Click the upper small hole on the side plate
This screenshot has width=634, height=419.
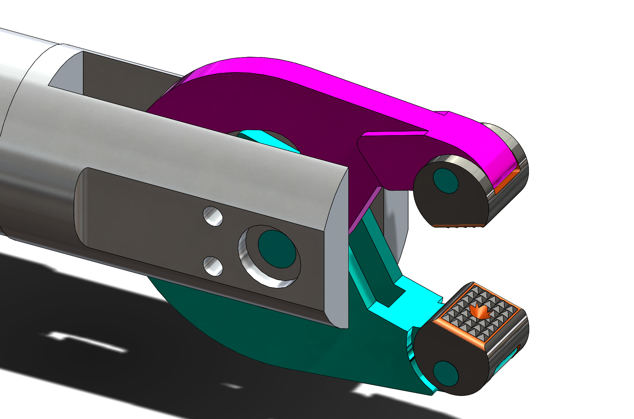coord(213,216)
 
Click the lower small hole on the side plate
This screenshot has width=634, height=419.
coord(213,266)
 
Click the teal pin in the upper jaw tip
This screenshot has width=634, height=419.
coord(446,180)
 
